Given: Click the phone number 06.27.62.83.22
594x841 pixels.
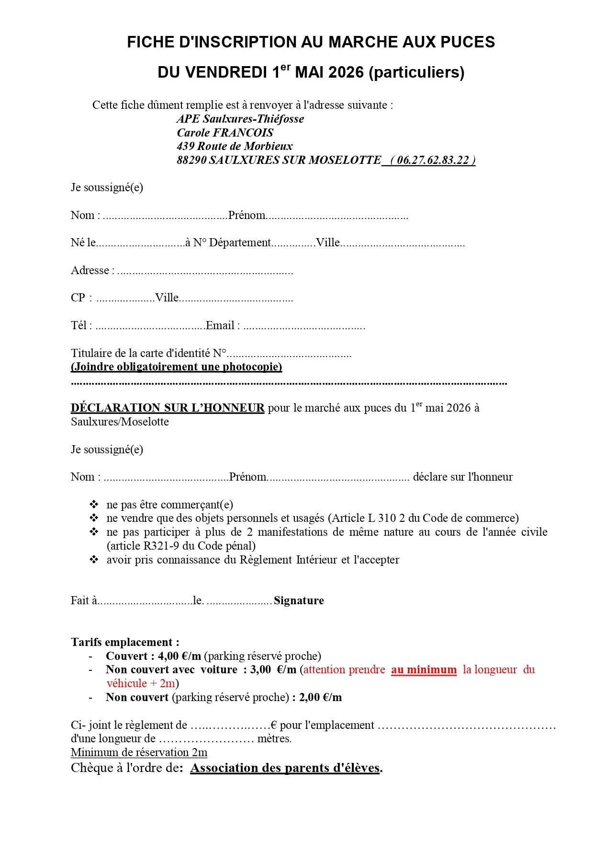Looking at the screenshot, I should pos(433,160).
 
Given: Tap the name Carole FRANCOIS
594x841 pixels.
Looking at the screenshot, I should pos(225,133).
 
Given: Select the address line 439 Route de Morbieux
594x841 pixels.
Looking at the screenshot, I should pos(235,146).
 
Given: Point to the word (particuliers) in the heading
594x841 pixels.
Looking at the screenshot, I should pos(416,72).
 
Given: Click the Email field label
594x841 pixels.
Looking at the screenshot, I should pos(222,326).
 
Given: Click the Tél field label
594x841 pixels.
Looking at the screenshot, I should pos(79,326).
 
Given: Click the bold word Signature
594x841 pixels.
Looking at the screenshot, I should pos(299,601).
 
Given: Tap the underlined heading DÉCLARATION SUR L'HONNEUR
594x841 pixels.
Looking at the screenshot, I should pos(168,408).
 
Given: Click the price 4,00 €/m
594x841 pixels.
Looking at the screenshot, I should pos(179,656).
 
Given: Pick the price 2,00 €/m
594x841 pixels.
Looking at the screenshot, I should pos(320,697).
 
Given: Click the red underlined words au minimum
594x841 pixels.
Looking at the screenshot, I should pos(424,669).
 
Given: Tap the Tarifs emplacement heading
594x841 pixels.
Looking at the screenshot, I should pos(125,642).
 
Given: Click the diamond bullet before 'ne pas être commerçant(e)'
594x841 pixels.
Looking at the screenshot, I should pos(94,504).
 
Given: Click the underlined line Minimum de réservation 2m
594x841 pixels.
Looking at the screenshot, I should pos(139,752).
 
